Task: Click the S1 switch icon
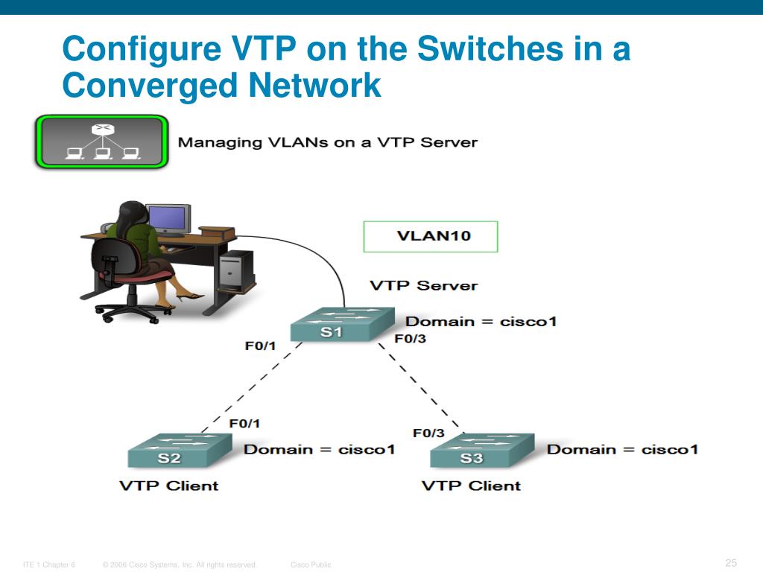[x=343, y=324]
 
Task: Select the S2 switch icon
[x=180, y=451]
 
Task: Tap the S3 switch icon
[x=483, y=451]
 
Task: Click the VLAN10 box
[x=431, y=236]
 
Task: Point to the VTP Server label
[x=424, y=285]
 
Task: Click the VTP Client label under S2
[x=169, y=486]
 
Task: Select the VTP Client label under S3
[x=471, y=486]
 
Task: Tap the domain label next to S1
[x=481, y=322]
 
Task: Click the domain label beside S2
[x=319, y=449]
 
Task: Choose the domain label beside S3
[x=622, y=449]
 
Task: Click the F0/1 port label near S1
[x=260, y=346]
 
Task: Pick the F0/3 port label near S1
[x=411, y=339]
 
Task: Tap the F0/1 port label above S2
[x=244, y=424]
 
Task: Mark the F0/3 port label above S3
[x=428, y=433]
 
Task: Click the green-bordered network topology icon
[x=101, y=142]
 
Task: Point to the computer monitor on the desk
[x=168, y=220]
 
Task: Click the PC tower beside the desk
[x=236, y=270]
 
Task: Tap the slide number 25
[x=731, y=563]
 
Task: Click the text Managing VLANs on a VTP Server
[x=328, y=142]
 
